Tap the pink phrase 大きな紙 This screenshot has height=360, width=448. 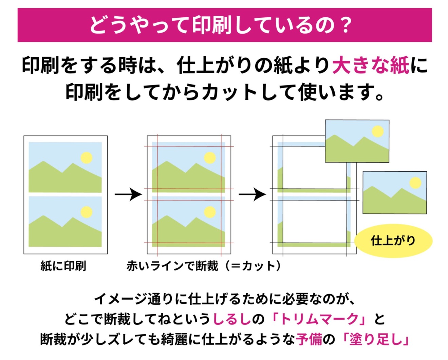[x=370, y=65]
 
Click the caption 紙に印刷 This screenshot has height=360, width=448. [x=63, y=266]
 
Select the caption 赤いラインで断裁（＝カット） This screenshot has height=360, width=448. [x=204, y=266]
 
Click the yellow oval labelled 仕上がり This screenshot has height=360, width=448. [x=393, y=241]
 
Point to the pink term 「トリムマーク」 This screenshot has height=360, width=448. [x=319, y=319]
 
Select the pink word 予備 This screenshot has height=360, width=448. [x=309, y=339]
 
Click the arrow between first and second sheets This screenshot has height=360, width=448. [x=128, y=194]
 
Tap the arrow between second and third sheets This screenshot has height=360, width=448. [x=252, y=194]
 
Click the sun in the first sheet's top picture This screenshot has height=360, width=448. [x=86, y=158]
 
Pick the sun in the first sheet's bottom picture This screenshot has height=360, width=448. [x=86, y=212]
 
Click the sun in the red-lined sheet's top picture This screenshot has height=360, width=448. [x=210, y=158]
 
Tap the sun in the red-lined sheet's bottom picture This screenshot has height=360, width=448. [x=210, y=212]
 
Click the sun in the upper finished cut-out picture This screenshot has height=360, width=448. [x=378, y=131]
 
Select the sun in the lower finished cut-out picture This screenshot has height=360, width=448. [x=415, y=183]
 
